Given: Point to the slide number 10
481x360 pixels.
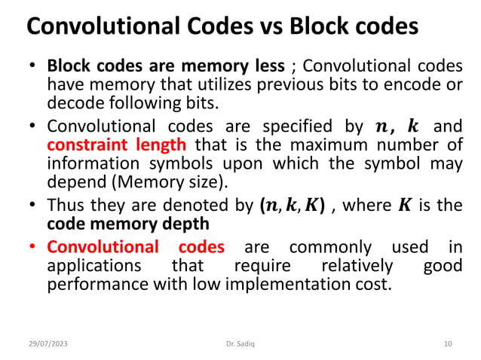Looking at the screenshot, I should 448,343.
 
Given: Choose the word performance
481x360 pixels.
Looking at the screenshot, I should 95,285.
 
